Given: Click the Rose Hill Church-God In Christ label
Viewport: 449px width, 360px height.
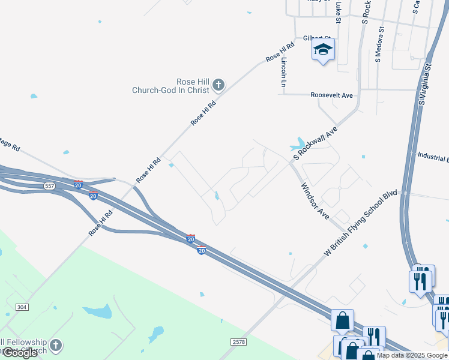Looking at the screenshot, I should click(170, 86).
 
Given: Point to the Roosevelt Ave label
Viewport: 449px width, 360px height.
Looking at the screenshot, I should click(331, 95).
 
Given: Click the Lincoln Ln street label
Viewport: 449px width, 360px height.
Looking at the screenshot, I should click(284, 73).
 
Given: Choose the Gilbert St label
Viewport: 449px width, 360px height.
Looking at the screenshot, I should click(317, 37).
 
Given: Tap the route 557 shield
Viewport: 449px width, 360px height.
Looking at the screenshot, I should click(49, 187).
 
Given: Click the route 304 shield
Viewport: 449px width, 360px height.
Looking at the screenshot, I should click(22, 307).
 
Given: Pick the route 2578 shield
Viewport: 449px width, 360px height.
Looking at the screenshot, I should click(239, 341).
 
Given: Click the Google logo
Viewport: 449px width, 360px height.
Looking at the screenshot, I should click(20, 353).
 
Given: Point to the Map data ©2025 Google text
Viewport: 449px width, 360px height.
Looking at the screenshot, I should click(411, 355).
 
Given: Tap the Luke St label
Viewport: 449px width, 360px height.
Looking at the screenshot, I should click(339, 8).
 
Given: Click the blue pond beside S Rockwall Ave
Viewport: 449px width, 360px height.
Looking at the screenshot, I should click(297, 145).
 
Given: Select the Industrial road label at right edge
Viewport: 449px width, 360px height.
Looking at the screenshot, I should click(433, 156).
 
